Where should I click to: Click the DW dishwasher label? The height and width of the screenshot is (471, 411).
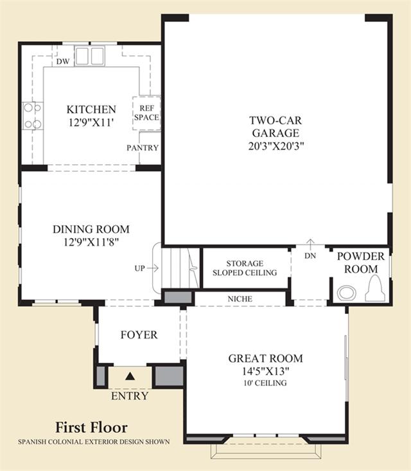(x=63, y=62)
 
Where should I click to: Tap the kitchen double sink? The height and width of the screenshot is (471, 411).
(x=90, y=56)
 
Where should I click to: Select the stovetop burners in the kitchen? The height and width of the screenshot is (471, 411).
(x=33, y=116)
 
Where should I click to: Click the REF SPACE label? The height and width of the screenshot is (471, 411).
(x=146, y=113)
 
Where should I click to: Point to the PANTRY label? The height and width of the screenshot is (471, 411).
(x=143, y=148)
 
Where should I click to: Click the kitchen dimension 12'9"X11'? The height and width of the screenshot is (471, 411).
(x=91, y=122)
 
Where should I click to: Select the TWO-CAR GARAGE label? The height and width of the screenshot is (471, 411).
(x=275, y=127)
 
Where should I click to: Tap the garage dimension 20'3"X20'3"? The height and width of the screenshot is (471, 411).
(x=276, y=146)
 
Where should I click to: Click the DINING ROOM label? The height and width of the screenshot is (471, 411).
(x=91, y=229)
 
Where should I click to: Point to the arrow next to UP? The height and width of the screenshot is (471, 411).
(x=153, y=268)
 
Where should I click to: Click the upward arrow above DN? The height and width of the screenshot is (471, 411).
(x=310, y=244)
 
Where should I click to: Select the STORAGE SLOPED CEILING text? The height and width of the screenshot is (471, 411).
(x=245, y=268)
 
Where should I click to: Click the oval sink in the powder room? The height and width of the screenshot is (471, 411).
(x=347, y=293)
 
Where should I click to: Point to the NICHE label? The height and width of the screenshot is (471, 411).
(x=240, y=299)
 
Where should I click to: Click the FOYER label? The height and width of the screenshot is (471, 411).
(x=139, y=335)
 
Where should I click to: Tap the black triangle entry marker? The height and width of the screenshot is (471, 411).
(x=130, y=376)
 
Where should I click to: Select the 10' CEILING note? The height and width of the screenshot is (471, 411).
(x=265, y=383)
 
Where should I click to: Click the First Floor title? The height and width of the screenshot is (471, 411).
(x=91, y=427)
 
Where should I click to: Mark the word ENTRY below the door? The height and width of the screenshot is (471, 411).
(x=130, y=396)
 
